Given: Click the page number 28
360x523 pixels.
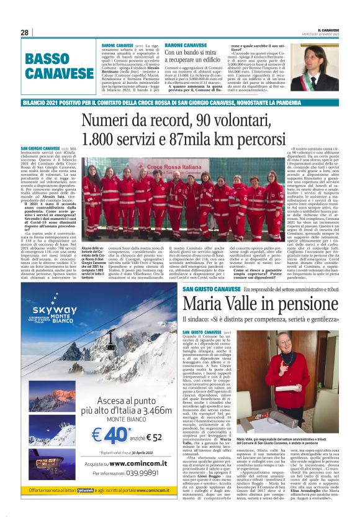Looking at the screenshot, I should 24,32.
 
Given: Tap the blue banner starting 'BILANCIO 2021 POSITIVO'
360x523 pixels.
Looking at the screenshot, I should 180,101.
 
